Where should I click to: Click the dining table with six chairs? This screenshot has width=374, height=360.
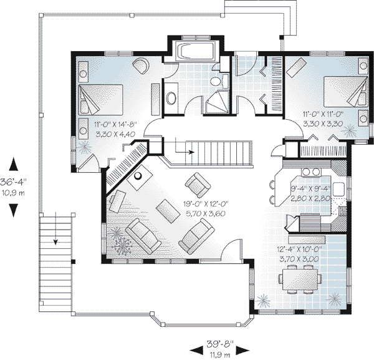tap(300, 276)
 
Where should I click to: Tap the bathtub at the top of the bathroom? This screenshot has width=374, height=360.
tap(196, 51)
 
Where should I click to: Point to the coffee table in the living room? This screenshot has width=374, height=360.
tap(167, 211)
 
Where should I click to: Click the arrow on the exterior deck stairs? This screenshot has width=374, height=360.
tap(56, 228)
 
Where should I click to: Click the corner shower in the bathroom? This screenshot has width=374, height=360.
tap(219, 101)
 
